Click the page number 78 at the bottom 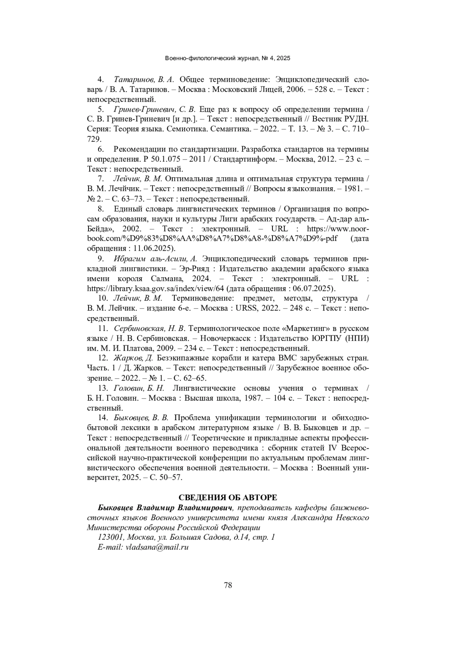[228, 585]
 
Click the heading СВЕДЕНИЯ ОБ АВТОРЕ [228, 498]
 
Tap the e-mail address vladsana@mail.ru [157, 547]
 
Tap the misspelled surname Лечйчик [123, 188]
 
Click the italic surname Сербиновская [138, 328]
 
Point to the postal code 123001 [111, 537]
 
